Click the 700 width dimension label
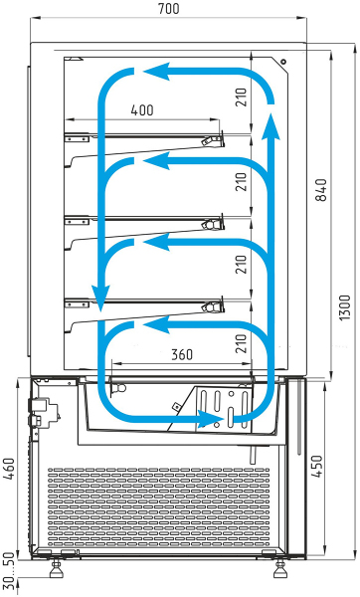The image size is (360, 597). [169, 8]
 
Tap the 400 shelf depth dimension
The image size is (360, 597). [142, 110]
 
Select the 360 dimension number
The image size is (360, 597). [182, 354]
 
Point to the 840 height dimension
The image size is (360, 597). [321, 190]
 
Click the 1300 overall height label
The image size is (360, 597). [345, 307]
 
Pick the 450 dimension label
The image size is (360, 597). [317, 466]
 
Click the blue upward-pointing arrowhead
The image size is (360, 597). [270, 126]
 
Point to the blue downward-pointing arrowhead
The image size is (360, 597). [100, 298]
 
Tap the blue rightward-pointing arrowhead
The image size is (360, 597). [210, 419]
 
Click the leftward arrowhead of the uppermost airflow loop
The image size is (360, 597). [156, 72]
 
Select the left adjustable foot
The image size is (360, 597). [57, 569]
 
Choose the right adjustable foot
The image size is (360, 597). [280, 569]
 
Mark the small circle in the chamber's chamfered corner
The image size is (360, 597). [283, 62]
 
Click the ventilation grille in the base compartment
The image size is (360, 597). [159, 506]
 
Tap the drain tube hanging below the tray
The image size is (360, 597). [253, 455]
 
